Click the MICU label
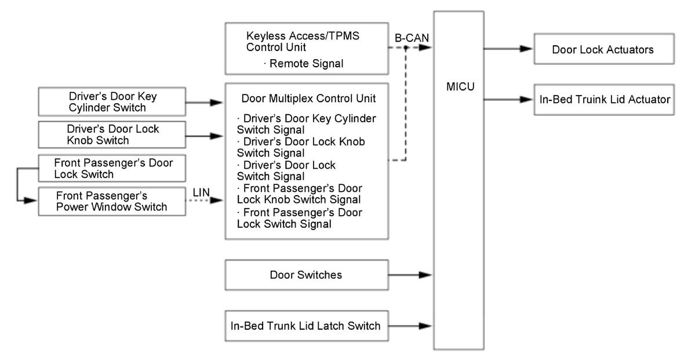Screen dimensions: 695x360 (x=460, y=86)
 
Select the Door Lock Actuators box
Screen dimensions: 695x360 (x=603, y=49)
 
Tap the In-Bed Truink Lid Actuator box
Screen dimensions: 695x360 (x=603, y=100)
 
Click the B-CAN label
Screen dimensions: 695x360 (x=412, y=38)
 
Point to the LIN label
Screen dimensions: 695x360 (x=201, y=193)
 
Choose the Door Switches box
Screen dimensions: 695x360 (x=307, y=275)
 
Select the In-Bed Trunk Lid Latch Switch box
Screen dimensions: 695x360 (x=307, y=326)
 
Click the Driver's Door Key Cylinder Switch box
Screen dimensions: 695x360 (x=112, y=101)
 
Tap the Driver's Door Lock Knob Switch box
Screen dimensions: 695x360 (x=112, y=134)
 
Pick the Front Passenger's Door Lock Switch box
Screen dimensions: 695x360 (x=112, y=169)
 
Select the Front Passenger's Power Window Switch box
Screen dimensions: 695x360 (x=112, y=201)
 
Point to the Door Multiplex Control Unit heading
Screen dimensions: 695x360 (x=308, y=98)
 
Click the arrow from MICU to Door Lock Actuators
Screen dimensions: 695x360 (x=509, y=49)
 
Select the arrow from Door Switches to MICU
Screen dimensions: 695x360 (x=410, y=275)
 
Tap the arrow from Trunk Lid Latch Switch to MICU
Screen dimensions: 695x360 (x=410, y=326)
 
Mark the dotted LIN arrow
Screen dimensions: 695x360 (x=205, y=201)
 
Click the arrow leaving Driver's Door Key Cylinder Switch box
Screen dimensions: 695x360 (x=205, y=103)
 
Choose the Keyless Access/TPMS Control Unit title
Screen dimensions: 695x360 (x=303, y=41)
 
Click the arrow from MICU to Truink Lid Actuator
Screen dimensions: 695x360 (x=509, y=100)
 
